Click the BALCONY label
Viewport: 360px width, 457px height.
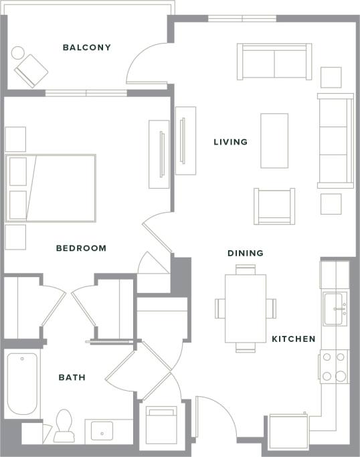coord(86,48)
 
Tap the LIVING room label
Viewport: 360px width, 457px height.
coord(230,142)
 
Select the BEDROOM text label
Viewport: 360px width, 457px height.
coord(81,248)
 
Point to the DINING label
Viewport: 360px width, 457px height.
coord(245,254)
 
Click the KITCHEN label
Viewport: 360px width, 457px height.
coord(293,339)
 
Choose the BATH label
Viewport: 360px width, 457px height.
coord(72,377)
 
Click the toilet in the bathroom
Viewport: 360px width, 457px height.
coord(65,426)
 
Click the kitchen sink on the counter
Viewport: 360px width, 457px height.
coord(335,308)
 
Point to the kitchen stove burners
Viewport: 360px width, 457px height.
coord(334,367)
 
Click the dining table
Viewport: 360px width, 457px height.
coord(245,308)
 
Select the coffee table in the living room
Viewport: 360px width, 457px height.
coord(274,141)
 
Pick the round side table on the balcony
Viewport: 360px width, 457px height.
coord(18,52)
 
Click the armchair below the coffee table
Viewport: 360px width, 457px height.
coord(274,206)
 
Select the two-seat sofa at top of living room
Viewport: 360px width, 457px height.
coord(274,61)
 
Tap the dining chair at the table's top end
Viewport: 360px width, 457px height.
coord(245,269)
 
